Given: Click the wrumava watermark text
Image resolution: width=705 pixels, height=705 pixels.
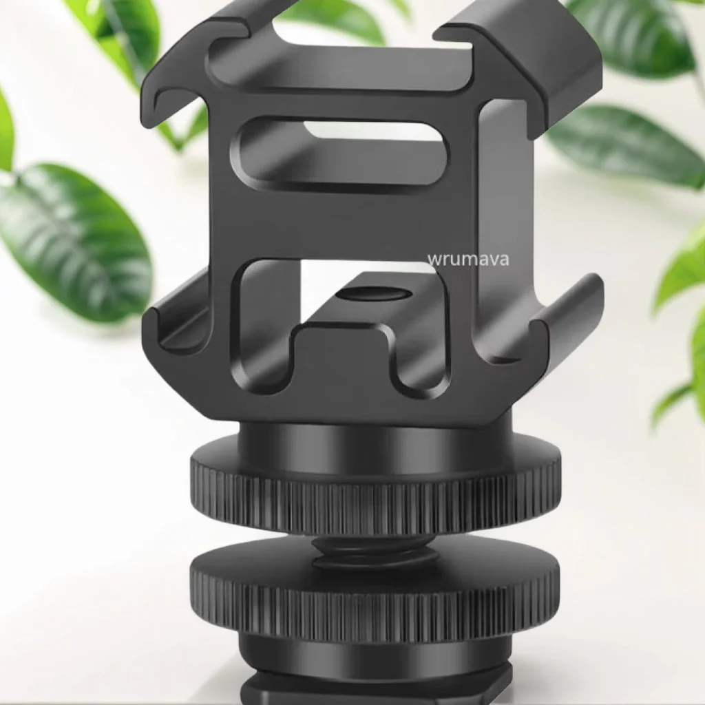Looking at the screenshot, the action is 468,260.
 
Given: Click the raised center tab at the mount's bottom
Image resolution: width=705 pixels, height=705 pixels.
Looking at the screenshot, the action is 344,341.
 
